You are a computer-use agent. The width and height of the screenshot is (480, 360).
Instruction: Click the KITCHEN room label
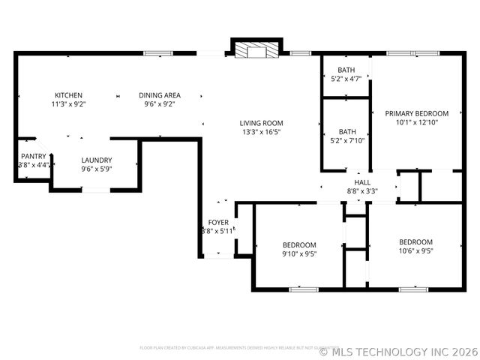[68, 95]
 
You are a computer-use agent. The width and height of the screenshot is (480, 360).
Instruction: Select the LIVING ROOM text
[261, 123]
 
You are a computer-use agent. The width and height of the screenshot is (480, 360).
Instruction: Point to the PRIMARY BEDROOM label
[416, 113]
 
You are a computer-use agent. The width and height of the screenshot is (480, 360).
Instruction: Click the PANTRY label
[33, 156]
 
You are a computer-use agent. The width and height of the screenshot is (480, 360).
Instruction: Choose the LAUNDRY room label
[97, 160]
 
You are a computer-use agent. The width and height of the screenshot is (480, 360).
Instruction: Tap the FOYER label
[218, 222]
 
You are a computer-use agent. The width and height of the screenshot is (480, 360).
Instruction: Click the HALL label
[362, 182]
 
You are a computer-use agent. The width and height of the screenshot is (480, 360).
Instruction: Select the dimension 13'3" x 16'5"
[261, 132]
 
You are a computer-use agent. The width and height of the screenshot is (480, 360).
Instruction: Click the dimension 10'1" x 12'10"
[416, 122]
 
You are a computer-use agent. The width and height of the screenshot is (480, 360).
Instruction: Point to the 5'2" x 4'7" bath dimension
[346, 78]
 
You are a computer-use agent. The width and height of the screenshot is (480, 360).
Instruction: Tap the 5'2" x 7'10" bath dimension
[346, 139]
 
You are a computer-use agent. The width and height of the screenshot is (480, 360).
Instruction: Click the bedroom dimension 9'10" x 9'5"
[298, 253]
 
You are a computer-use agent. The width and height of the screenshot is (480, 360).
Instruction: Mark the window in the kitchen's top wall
[157, 52]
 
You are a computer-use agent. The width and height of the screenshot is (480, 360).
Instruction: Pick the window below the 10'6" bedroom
[412, 289]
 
